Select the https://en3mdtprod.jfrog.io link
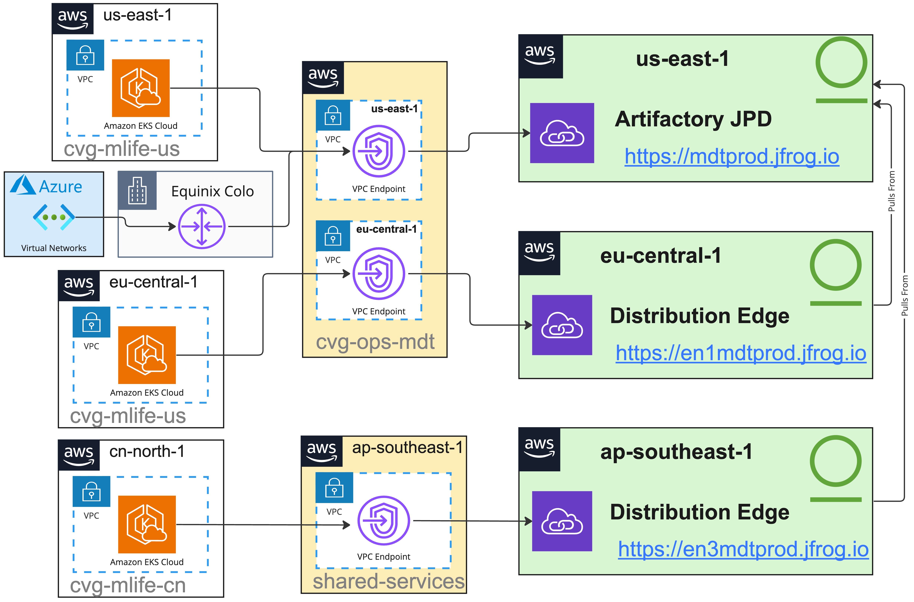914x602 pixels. point(743,549)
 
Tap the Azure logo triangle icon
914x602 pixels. point(23,185)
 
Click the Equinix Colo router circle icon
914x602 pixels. point(202,226)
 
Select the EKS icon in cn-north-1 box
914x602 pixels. point(147,524)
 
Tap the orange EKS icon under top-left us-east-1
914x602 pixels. point(141,88)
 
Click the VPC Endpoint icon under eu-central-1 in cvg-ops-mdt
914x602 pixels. point(379,274)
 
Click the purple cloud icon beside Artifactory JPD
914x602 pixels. point(562,133)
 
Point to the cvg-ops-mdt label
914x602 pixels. point(375,342)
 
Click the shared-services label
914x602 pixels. point(389,581)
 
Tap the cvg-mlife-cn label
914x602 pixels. point(128,585)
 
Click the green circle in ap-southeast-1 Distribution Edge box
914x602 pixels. point(836,461)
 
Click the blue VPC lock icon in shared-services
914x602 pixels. point(334,488)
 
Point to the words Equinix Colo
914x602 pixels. point(212,192)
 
